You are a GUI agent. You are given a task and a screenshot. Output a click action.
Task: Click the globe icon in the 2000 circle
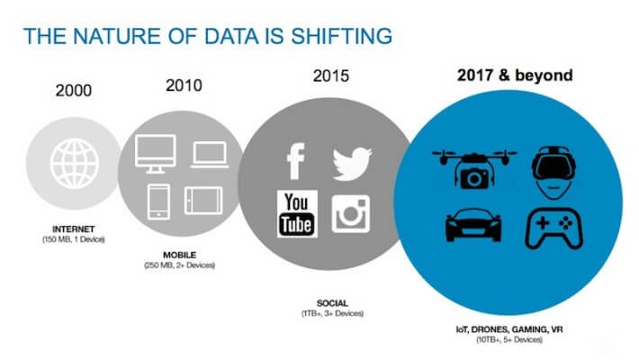point(75,164)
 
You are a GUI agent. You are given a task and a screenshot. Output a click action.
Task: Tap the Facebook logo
point(296,161)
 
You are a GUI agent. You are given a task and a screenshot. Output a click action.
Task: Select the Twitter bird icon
point(352,164)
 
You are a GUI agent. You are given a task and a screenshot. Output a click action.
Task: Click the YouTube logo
point(297,213)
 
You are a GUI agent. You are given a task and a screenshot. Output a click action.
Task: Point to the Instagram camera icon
point(350,214)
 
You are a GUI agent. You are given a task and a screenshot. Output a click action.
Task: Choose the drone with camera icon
point(474,169)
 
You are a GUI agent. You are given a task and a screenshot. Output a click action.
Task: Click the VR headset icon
point(553,172)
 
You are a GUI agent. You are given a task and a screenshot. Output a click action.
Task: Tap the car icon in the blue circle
point(473,226)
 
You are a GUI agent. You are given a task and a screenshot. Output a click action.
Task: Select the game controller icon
point(553,229)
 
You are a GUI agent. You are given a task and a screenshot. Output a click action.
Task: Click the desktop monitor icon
point(156,154)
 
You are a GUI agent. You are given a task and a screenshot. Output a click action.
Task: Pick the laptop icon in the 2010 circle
point(210,155)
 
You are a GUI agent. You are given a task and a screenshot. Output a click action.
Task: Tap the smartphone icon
point(158,202)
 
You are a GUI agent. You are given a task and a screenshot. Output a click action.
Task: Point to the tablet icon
point(203,201)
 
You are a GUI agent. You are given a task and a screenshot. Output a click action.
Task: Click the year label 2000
point(74,91)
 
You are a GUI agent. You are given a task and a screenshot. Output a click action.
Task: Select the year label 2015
point(331,76)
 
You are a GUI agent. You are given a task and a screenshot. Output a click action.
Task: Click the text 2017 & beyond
point(515,76)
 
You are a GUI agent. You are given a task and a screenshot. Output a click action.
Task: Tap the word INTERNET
point(74,229)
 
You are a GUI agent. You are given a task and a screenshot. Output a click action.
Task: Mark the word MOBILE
point(180,256)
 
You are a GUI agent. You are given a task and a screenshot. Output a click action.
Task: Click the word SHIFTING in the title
point(341,36)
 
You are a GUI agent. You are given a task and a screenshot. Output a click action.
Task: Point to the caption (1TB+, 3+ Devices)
point(332,313)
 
